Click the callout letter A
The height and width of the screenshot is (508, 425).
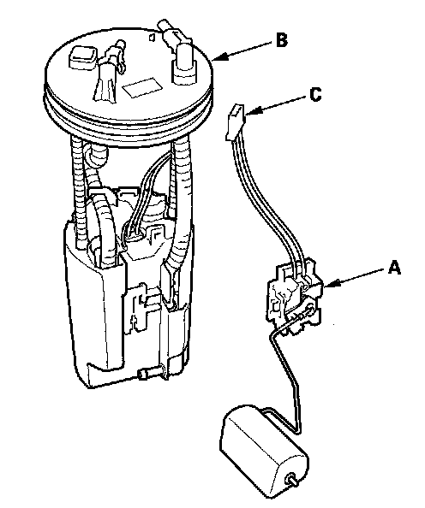tap(394, 268)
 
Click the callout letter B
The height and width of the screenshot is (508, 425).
tap(282, 41)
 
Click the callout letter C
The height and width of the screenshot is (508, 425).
tap(315, 95)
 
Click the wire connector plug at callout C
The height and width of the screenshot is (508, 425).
tap(235, 121)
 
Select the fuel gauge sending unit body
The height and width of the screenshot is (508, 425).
tap(295, 297)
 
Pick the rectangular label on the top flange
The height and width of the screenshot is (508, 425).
tap(142, 87)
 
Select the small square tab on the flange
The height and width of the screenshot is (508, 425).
tap(152, 37)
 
